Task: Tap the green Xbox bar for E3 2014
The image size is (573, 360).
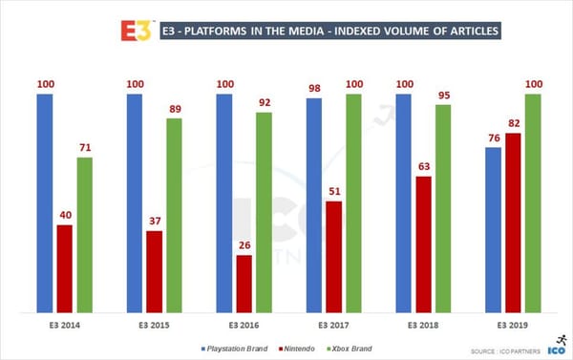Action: (85, 235)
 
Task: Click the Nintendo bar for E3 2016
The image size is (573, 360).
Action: (244, 284)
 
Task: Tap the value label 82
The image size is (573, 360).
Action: (513, 124)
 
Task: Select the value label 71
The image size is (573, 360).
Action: (85, 148)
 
